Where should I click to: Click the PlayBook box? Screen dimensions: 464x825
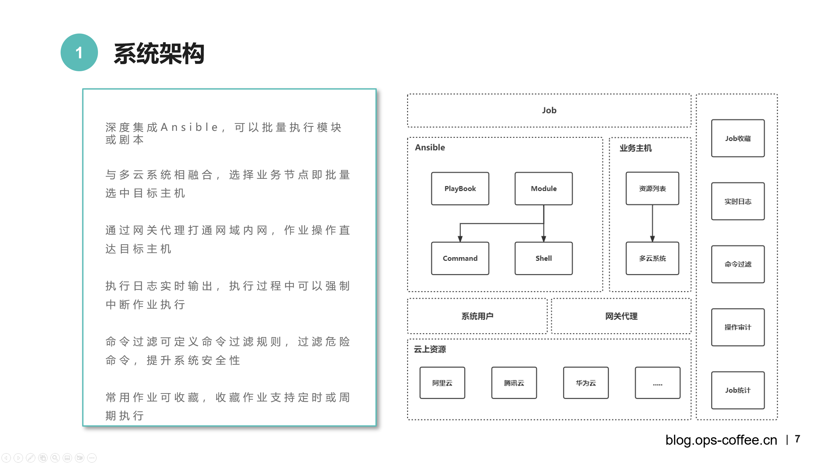click(460, 188)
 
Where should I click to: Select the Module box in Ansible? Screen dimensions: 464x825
click(543, 188)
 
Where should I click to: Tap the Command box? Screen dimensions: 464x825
click(460, 258)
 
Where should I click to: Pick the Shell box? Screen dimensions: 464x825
click(543, 258)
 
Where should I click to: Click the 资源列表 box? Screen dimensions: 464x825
click(652, 188)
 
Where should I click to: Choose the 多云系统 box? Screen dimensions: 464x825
click(652, 258)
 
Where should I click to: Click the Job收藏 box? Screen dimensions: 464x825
click(738, 138)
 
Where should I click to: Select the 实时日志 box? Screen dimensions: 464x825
click(738, 201)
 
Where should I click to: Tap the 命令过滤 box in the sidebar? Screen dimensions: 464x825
click(738, 264)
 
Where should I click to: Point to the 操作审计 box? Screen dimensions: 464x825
click(738, 327)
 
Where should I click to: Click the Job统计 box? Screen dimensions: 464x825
click(738, 390)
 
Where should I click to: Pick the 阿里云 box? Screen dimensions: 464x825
click(442, 383)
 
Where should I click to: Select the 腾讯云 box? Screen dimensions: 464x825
click(514, 383)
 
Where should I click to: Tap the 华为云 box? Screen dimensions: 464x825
click(586, 383)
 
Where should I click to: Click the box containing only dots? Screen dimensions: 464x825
click(657, 383)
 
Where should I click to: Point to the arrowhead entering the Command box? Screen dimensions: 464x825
click(460, 239)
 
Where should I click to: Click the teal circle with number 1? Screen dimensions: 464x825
click(79, 53)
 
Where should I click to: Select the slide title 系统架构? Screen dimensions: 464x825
click(159, 53)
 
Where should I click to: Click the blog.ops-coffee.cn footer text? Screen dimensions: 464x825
click(721, 440)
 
